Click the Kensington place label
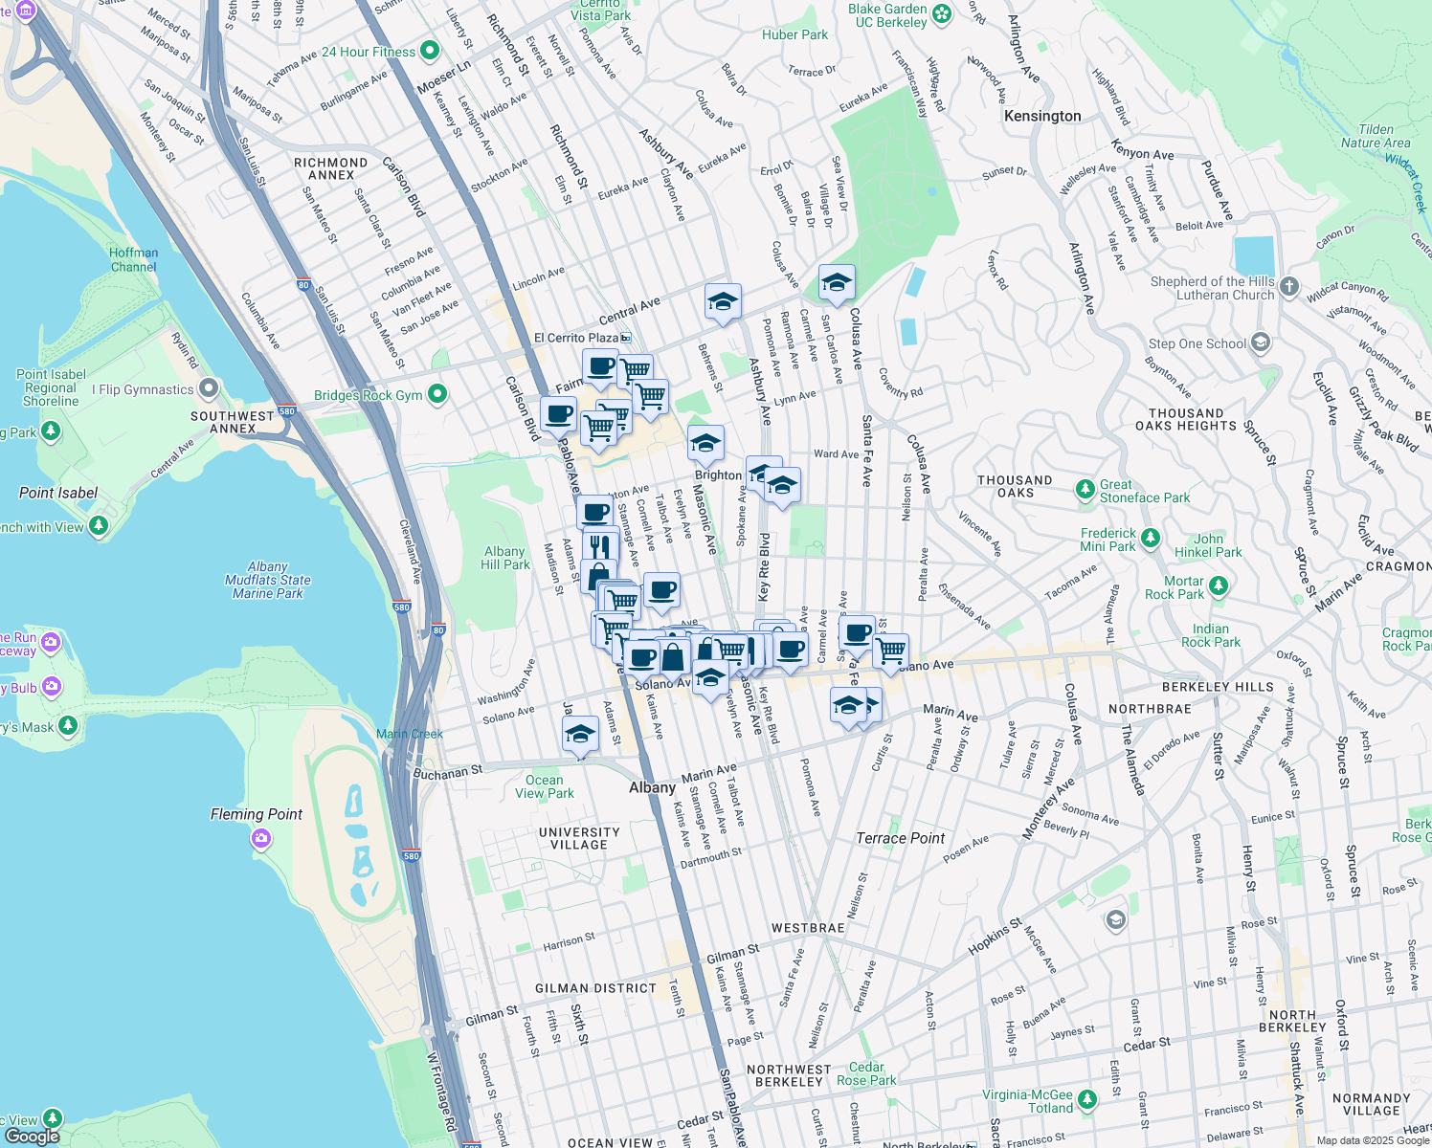1042,116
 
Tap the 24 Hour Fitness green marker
430,51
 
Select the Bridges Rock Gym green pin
437,394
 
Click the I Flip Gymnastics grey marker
209,389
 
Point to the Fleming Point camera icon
260,839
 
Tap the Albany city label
652,787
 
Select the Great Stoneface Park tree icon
1085,490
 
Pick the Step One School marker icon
1261,342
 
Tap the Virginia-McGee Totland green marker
1087,1100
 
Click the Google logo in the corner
33,1136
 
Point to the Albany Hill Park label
504,558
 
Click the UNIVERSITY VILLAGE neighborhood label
579,838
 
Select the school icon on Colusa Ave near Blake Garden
837,283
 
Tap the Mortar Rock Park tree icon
1218,585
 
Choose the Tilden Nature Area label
1376,136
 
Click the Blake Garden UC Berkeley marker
942,13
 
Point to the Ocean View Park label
544,786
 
